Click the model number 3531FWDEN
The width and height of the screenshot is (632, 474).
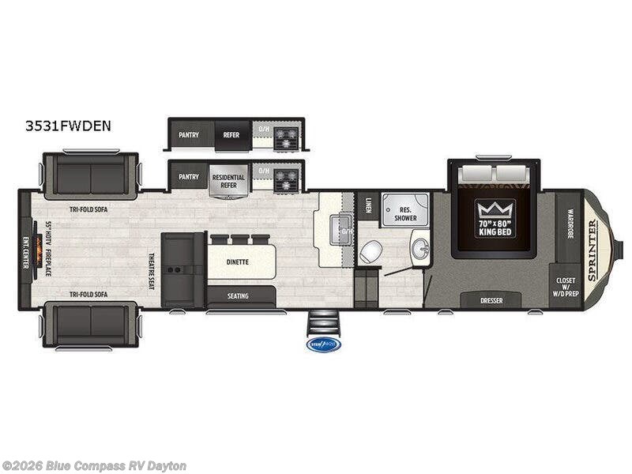(67, 125)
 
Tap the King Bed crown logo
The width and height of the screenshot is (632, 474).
(495, 209)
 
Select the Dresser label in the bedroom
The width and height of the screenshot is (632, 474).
(491, 300)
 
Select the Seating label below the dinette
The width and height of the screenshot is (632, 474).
(238, 296)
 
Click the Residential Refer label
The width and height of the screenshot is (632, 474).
(228, 180)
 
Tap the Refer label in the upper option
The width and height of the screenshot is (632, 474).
(230, 135)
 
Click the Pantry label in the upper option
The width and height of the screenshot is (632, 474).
(188, 135)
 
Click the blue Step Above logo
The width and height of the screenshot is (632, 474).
(322, 344)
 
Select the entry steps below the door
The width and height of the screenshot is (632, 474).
(322, 322)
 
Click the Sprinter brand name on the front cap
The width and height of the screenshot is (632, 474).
(592, 250)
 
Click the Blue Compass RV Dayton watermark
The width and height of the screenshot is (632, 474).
(94, 466)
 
